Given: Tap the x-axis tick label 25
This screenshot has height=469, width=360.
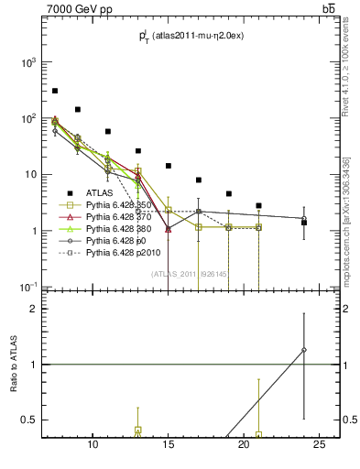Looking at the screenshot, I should (x=319, y=445).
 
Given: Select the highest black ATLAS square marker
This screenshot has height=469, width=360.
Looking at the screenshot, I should (x=55, y=91).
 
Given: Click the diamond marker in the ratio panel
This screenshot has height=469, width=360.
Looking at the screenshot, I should (x=304, y=349).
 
